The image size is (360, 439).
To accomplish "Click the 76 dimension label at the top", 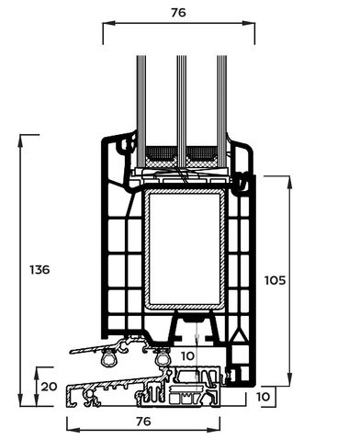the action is point(178,13).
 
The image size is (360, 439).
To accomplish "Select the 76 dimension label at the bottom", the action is point(143,422).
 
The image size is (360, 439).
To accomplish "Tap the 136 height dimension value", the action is point(39,270).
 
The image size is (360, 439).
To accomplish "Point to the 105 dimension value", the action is point(275,280).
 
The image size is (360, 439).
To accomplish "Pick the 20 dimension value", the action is point(49,387).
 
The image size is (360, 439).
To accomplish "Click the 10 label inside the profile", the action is point(187,356).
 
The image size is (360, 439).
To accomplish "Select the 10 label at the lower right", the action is point(263,397).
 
